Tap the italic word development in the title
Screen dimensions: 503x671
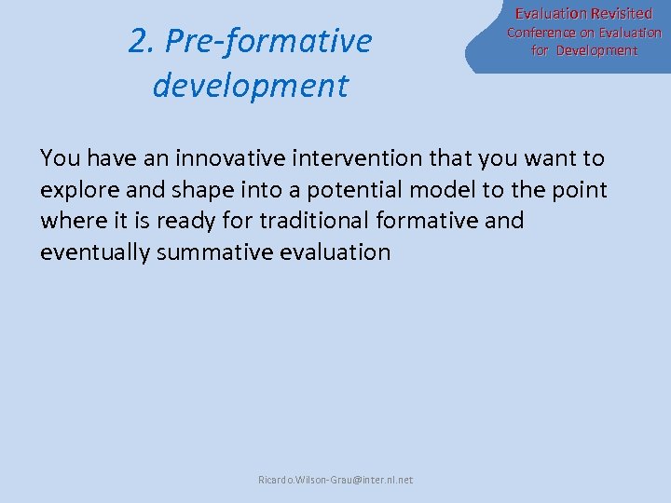point(250,85)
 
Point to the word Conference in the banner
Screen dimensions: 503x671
point(541,33)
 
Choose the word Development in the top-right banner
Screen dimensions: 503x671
point(596,50)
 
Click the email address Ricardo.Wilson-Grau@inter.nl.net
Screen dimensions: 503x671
point(335,480)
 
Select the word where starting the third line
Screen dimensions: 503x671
point(72,221)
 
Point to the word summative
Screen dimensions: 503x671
point(213,251)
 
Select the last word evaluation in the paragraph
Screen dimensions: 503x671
point(335,251)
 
